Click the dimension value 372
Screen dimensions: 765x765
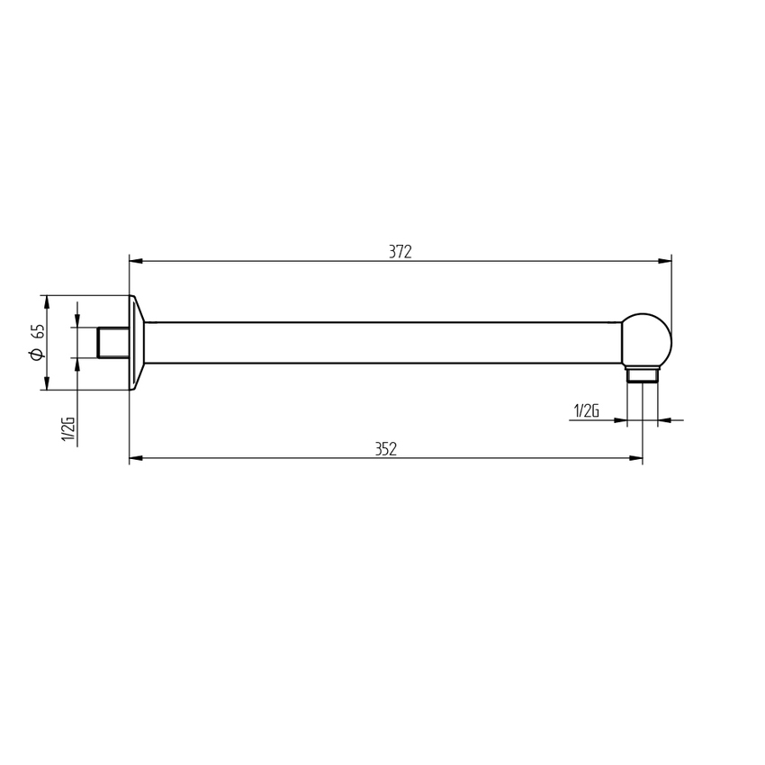pos(400,252)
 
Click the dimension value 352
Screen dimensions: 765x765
pos(386,450)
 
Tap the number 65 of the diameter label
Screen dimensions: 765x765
pos(37,331)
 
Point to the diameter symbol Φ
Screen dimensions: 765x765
pos(37,354)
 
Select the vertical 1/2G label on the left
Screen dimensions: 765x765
pos(67,429)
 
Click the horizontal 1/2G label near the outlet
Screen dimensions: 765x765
pos(585,411)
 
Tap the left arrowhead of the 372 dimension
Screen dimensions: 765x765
pos(136,261)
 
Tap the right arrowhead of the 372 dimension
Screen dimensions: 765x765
pos(665,261)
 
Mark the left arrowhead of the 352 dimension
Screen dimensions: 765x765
pos(136,459)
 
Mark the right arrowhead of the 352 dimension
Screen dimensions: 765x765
pos(636,459)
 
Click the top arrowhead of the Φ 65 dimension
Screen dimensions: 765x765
pos(45,301)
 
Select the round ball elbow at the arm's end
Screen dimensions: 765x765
pos(647,340)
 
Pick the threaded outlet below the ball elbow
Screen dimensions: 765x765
pos(643,374)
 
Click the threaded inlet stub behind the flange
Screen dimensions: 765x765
pos(113,343)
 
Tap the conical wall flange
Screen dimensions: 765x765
pos(138,343)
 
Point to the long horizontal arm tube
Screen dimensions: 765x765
pos(382,343)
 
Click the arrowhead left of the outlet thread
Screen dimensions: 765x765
pos(620,419)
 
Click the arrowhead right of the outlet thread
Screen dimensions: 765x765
pos(664,419)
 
